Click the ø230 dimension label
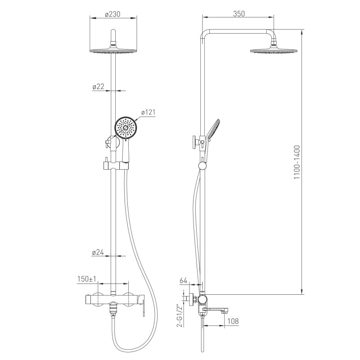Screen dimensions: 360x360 [112, 14]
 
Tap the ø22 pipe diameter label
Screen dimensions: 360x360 [98, 86]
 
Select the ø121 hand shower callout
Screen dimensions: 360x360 [148, 112]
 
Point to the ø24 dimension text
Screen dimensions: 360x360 [98, 252]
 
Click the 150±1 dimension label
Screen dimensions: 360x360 [87, 279]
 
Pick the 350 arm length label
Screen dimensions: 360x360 [239, 14]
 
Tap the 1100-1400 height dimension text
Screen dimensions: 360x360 [297, 162]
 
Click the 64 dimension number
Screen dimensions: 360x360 [184, 280]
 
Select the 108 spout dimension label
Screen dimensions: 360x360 [233, 321]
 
